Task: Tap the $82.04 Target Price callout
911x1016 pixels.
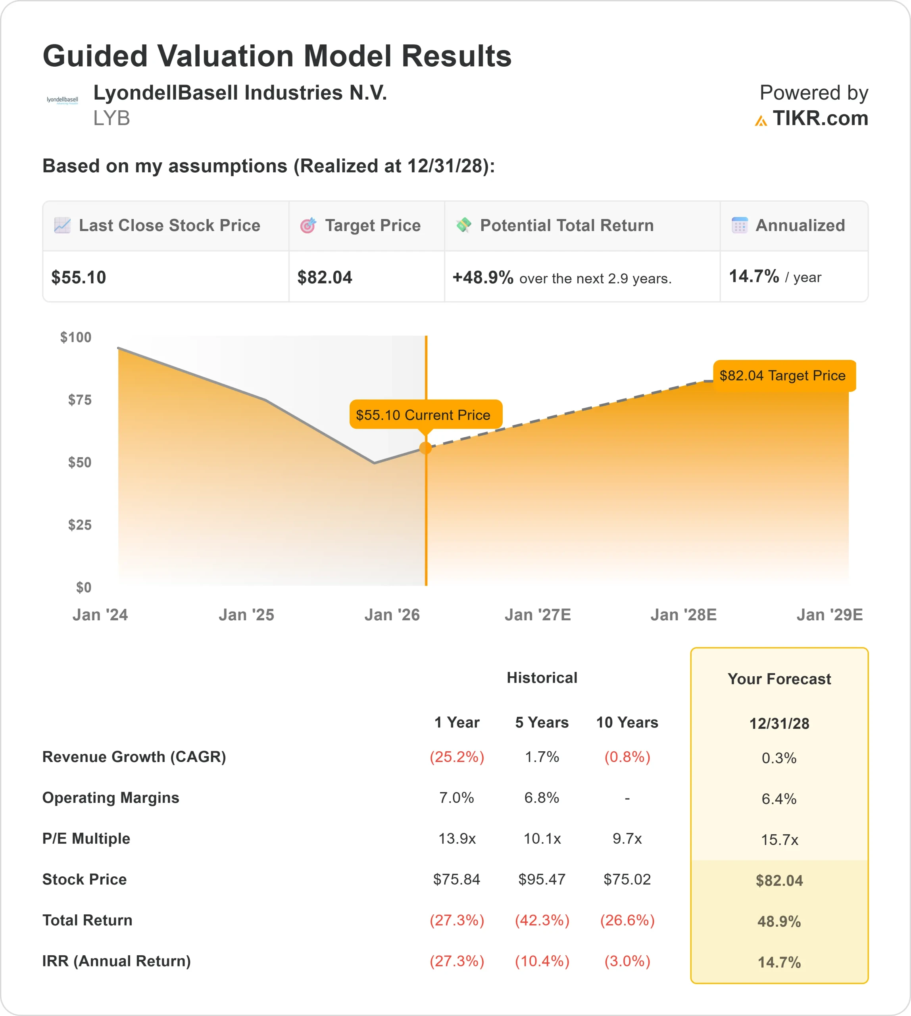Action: [x=784, y=375]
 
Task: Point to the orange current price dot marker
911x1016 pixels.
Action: [x=425, y=448]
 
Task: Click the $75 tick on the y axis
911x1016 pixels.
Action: [x=80, y=400]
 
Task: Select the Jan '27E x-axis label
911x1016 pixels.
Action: [x=538, y=614]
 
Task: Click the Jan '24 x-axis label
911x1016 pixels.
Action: [x=100, y=614]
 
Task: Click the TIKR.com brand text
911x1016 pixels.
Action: [x=820, y=119]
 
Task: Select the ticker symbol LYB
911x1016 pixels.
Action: [x=111, y=118]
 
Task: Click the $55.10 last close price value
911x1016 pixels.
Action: [x=79, y=277]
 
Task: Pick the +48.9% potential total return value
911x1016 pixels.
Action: [x=483, y=277]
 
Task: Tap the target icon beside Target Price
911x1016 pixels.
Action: [x=308, y=225]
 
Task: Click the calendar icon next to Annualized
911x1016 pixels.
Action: [x=739, y=225]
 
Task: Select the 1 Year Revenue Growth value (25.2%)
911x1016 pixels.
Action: [x=457, y=756]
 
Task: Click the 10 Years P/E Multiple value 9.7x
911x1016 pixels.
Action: [x=627, y=838]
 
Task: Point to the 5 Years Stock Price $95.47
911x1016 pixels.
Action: [x=542, y=879]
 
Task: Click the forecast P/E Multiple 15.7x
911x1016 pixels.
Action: [x=779, y=840]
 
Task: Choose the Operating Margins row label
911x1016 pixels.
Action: [x=111, y=798]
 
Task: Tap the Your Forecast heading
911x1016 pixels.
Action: [x=779, y=679]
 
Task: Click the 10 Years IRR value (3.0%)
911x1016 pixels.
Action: [x=627, y=961]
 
